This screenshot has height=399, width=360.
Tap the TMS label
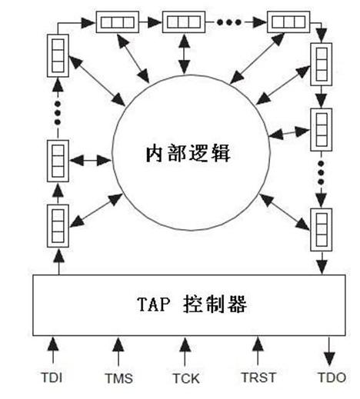tap(119, 377)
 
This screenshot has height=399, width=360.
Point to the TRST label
tap(255, 377)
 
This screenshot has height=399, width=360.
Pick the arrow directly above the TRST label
tap(255, 351)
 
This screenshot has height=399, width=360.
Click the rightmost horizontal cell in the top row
tap(288, 20)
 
